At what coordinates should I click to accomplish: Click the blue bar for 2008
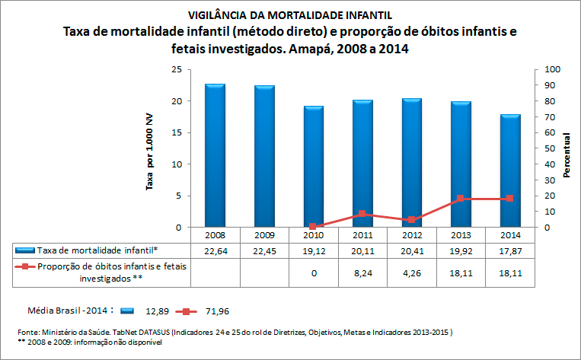[215, 155]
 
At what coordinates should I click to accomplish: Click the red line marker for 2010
[313, 227]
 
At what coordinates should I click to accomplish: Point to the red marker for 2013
[461, 199]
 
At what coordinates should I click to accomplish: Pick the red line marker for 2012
[411, 220]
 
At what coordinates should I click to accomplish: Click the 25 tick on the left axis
[175, 69]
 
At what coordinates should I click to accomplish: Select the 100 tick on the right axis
[551, 69]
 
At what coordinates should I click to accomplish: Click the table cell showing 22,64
[215, 250]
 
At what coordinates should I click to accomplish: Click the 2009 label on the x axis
[263, 235]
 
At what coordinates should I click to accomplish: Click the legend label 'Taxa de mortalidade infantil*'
[97, 250]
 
